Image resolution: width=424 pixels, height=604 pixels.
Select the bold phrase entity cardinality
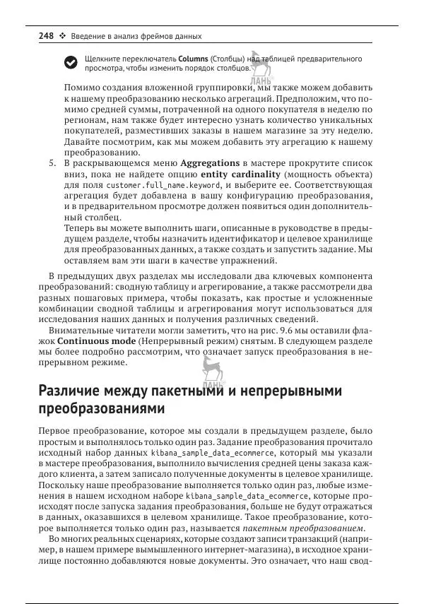pyautogui.click(x=240, y=174)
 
